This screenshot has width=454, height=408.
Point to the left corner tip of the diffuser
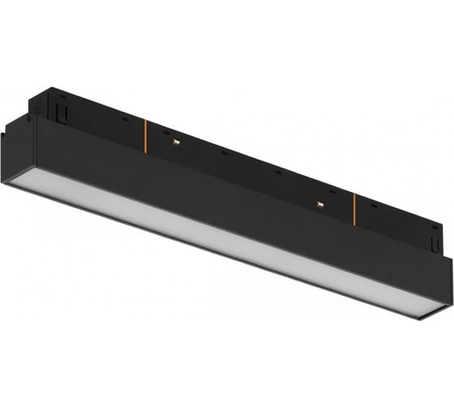pyautogui.click(x=10, y=183)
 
